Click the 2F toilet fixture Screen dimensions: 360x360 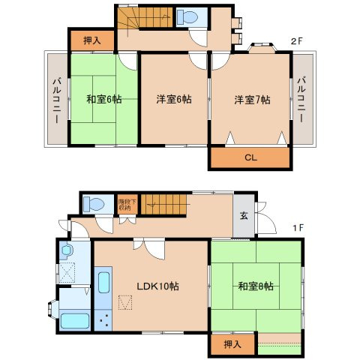(187, 18)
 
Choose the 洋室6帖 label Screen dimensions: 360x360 (173, 100)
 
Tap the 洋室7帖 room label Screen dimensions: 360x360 (252, 100)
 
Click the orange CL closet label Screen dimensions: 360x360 (249, 158)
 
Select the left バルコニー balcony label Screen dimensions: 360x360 (56, 100)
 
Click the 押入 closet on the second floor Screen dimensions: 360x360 (91, 41)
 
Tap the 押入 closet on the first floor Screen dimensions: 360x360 (232, 344)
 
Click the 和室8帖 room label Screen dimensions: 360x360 (256, 286)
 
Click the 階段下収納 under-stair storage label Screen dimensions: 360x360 (126, 202)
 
